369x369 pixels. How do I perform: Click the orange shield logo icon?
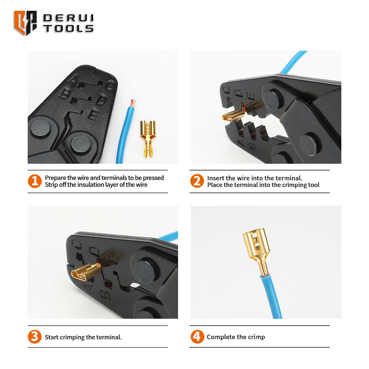point(25,23)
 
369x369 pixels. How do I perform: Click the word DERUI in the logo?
point(68,18)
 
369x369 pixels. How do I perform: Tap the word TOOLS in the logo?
point(68,28)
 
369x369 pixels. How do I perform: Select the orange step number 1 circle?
point(35,181)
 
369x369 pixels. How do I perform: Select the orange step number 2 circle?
point(197,181)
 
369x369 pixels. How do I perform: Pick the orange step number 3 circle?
point(35,337)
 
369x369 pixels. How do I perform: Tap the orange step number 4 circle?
point(197,337)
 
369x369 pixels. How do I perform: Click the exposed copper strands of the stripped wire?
point(133,102)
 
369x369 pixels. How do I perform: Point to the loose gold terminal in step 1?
point(148,139)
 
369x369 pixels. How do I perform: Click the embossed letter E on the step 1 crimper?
point(93,114)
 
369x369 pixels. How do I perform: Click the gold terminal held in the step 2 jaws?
point(243,112)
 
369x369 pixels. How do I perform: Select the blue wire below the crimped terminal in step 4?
point(272,297)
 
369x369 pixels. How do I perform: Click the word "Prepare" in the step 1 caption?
point(56,178)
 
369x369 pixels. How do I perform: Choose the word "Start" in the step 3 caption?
point(52,337)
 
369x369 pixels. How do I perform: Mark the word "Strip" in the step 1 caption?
point(51,185)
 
